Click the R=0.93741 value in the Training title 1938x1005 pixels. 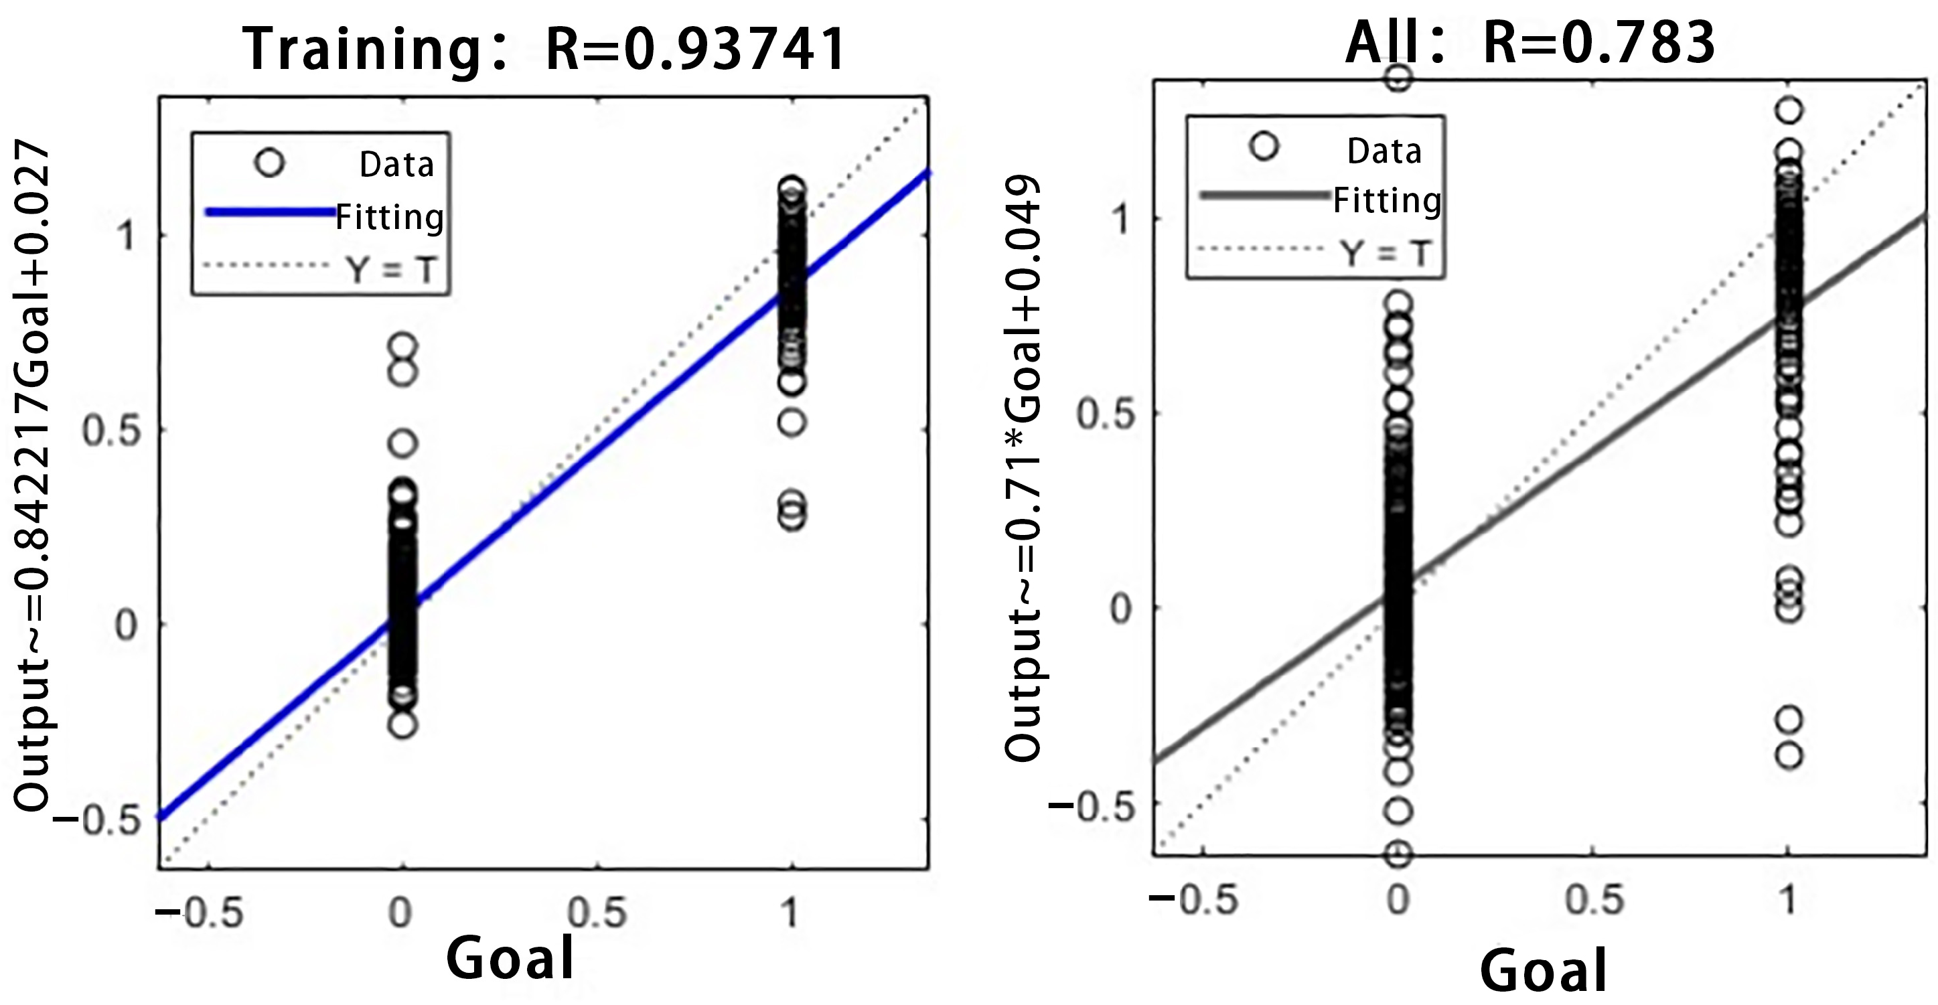[x=696, y=50]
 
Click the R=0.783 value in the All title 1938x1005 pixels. [x=1598, y=43]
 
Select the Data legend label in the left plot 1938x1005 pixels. [x=396, y=165]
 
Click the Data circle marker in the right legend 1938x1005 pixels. [x=1264, y=146]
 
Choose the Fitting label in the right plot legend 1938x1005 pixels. [x=1387, y=201]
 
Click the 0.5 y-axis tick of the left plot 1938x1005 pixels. [x=111, y=431]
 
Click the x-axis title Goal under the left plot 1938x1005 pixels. [x=510, y=957]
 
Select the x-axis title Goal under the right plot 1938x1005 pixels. [x=1543, y=971]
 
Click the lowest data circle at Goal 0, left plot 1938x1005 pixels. [x=403, y=725]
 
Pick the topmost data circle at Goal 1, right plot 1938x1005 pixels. [x=1789, y=110]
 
